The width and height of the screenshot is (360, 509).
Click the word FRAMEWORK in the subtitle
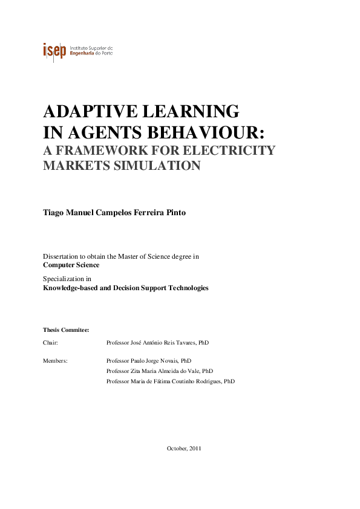[113, 151]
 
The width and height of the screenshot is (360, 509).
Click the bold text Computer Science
[71, 265]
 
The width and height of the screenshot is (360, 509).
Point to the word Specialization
[63, 279]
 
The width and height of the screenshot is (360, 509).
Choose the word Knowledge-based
[70, 288]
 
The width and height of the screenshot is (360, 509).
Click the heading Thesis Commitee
[66, 330]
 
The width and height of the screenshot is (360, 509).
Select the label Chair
[50, 342]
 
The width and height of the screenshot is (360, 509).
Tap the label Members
[55, 360]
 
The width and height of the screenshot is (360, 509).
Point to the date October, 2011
[183, 448]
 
